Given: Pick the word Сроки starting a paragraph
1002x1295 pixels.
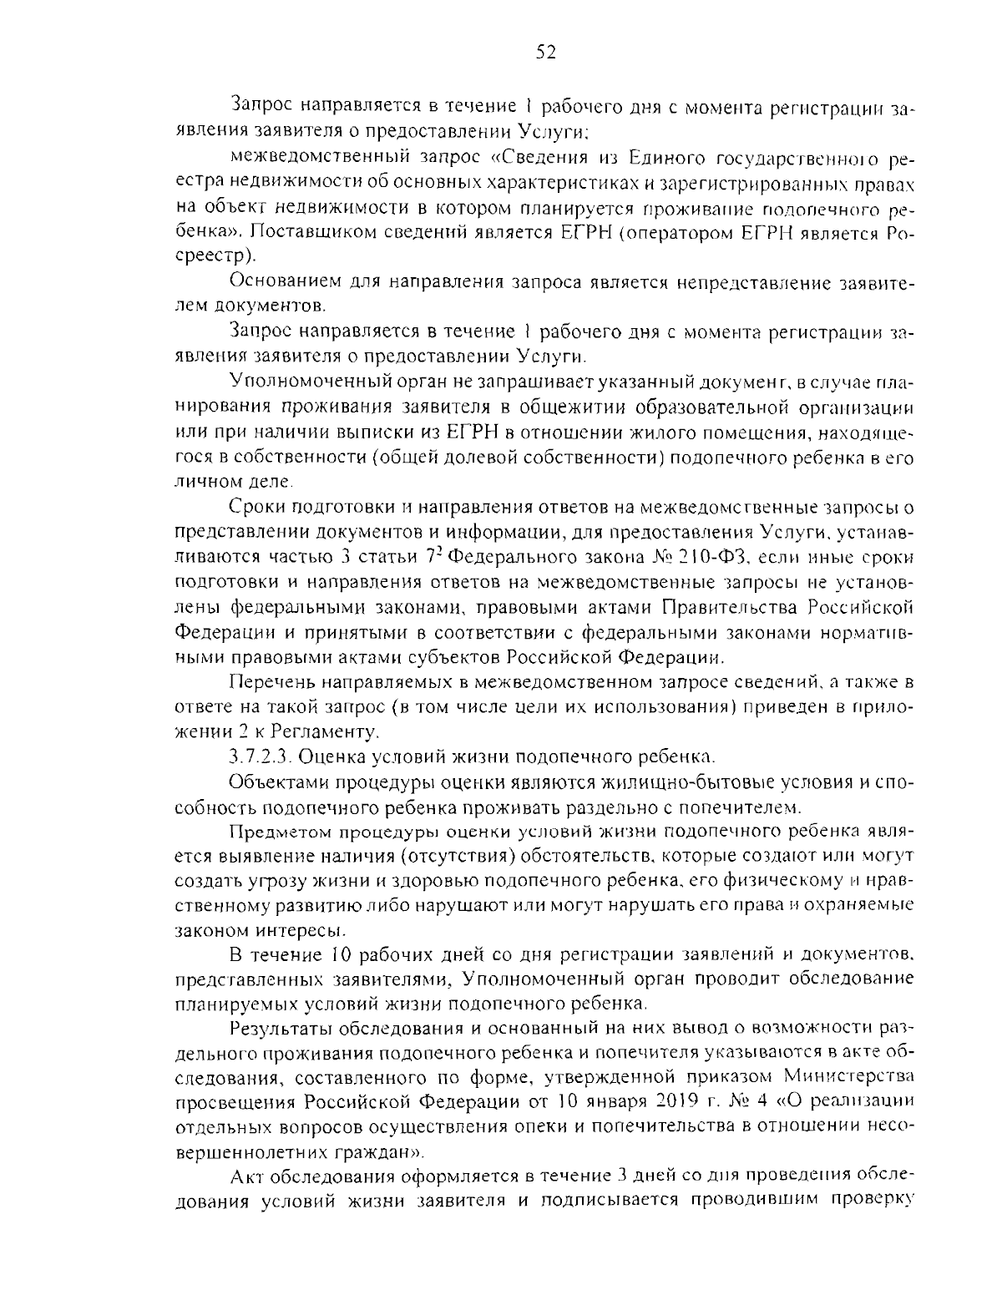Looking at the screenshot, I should [x=255, y=508].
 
